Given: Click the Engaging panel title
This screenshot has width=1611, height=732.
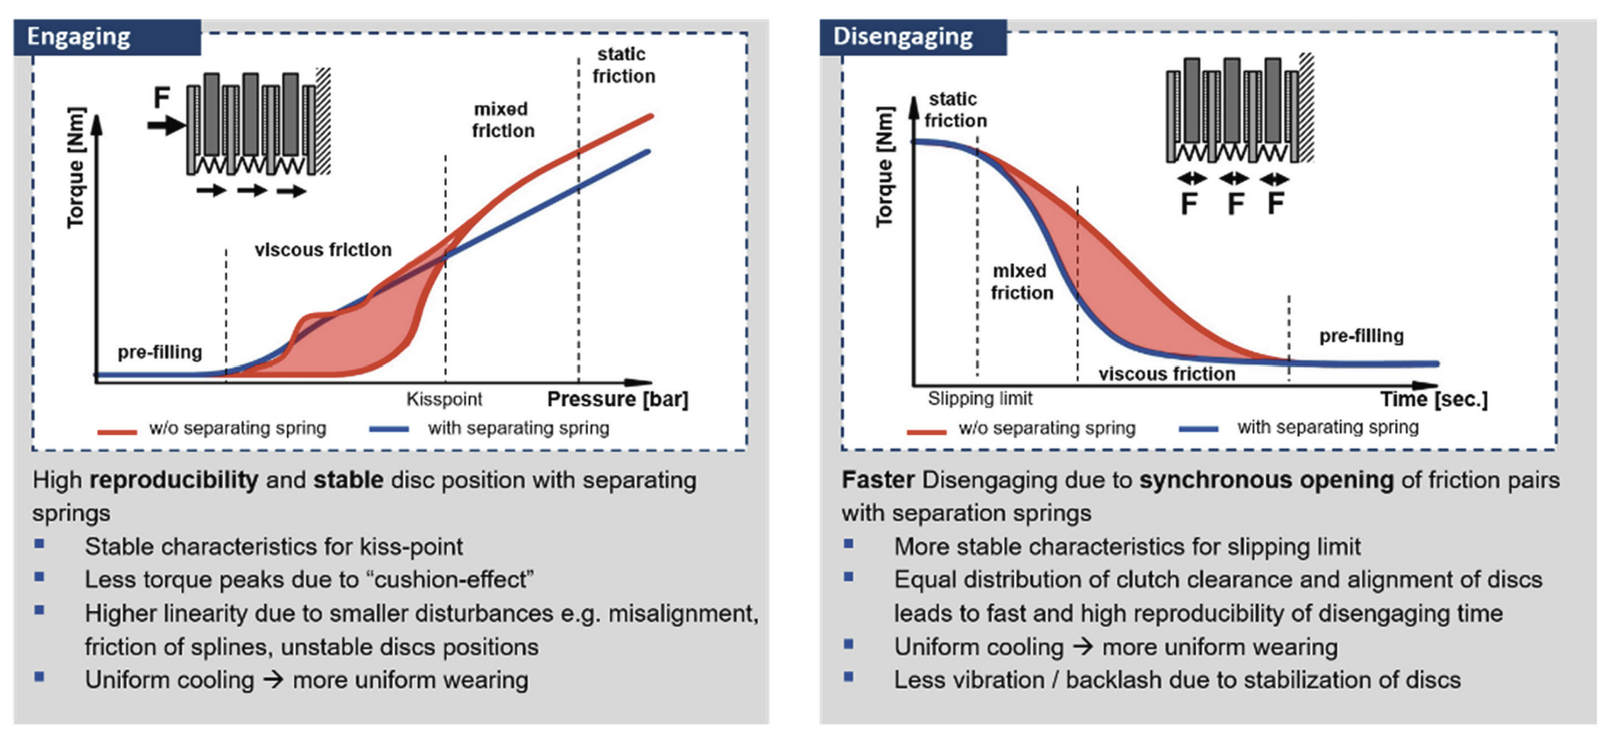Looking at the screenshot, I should click(79, 37).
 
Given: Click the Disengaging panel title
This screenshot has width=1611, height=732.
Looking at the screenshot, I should click(903, 37).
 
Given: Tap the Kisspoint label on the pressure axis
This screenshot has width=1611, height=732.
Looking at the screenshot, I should click(444, 399).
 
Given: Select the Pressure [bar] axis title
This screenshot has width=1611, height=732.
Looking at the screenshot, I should click(617, 399).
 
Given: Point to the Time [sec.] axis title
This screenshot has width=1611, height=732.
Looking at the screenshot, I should click(1434, 399).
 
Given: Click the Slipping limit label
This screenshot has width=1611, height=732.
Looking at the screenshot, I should click(980, 398).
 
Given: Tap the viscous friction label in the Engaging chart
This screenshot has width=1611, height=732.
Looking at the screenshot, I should click(323, 249).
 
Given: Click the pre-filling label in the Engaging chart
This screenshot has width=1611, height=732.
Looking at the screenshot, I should click(160, 352).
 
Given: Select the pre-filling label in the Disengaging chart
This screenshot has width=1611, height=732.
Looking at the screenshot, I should click(1362, 336).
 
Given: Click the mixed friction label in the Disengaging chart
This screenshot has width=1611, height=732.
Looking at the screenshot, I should click(1021, 282).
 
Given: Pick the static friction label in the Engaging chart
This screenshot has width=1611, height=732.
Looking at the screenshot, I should click(623, 66).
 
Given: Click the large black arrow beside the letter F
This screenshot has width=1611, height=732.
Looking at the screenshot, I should click(166, 125).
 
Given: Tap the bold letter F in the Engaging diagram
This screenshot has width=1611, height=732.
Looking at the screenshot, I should click(161, 97).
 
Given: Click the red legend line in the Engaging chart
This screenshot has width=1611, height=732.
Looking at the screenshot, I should click(117, 430).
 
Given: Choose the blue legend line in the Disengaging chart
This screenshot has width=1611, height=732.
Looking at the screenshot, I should click(1199, 429).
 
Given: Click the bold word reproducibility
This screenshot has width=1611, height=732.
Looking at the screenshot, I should click(174, 480).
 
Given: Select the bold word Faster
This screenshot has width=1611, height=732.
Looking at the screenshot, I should click(877, 480).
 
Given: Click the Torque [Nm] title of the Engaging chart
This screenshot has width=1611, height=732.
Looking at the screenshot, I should click(76, 168).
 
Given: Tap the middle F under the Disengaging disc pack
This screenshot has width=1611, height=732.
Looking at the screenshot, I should click(1234, 203).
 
